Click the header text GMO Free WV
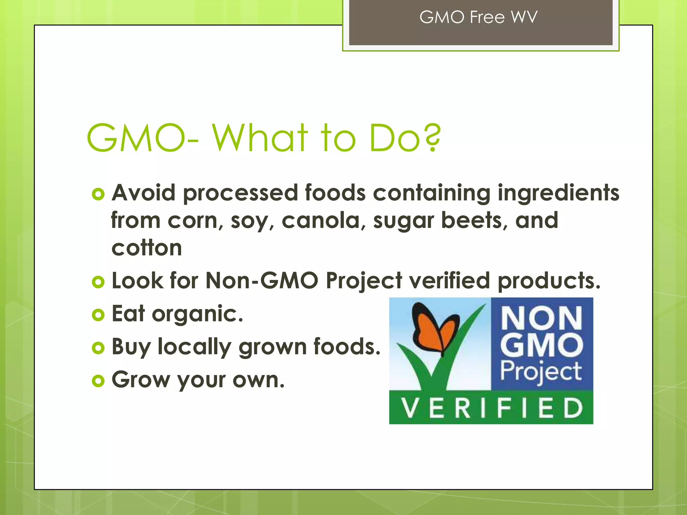click(x=478, y=17)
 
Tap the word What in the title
click(x=260, y=138)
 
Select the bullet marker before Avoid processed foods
click(x=98, y=194)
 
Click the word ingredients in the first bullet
click(x=558, y=194)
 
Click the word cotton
click(x=147, y=248)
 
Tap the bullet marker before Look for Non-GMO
click(x=98, y=282)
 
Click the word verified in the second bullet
click(x=449, y=281)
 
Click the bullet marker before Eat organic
click(x=98, y=315)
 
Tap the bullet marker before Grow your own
click(x=98, y=381)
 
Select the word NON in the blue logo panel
click(x=541, y=318)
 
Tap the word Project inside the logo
click(x=541, y=372)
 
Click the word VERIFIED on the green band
click(x=491, y=408)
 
